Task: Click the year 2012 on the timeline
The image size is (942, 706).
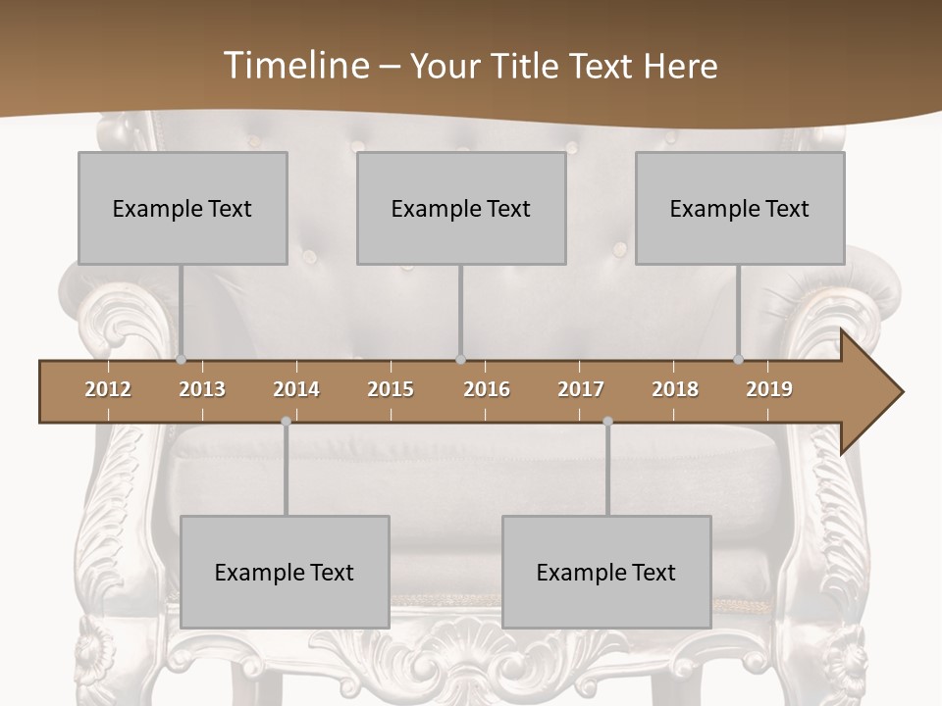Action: point(108,389)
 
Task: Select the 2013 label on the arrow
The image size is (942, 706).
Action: point(202,389)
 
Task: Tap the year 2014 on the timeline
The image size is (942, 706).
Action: point(296,389)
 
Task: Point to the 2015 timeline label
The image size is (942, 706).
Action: point(391,389)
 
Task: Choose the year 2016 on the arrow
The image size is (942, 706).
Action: point(487,389)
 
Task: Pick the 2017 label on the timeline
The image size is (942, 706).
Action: point(581,389)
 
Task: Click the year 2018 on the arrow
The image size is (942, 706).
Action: point(675,389)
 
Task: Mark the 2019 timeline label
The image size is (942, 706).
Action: point(769,389)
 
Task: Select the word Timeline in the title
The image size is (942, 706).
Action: point(296,66)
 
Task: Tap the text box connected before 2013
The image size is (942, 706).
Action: point(183,208)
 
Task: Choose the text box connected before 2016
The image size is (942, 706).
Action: point(461,208)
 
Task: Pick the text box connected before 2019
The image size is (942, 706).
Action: point(740,208)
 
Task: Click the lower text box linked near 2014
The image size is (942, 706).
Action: point(285,572)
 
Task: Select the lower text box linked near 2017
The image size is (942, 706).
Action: point(606,572)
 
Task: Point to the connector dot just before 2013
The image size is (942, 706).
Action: point(181,360)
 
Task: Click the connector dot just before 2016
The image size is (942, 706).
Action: point(460,360)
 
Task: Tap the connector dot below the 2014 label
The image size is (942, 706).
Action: point(286,422)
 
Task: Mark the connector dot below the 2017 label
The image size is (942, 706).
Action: point(607,422)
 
